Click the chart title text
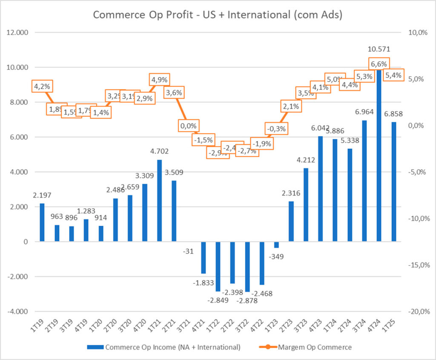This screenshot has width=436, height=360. click(218, 15)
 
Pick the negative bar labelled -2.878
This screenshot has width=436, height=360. click(248, 266)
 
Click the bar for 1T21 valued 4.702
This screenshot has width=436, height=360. click(159, 201)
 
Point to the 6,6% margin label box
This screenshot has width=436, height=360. click(379, 64)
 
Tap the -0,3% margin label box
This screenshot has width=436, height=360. click(276, 128)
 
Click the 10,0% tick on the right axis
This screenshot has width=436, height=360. click(418, 33)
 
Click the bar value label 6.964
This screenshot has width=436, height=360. click(365, 112)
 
